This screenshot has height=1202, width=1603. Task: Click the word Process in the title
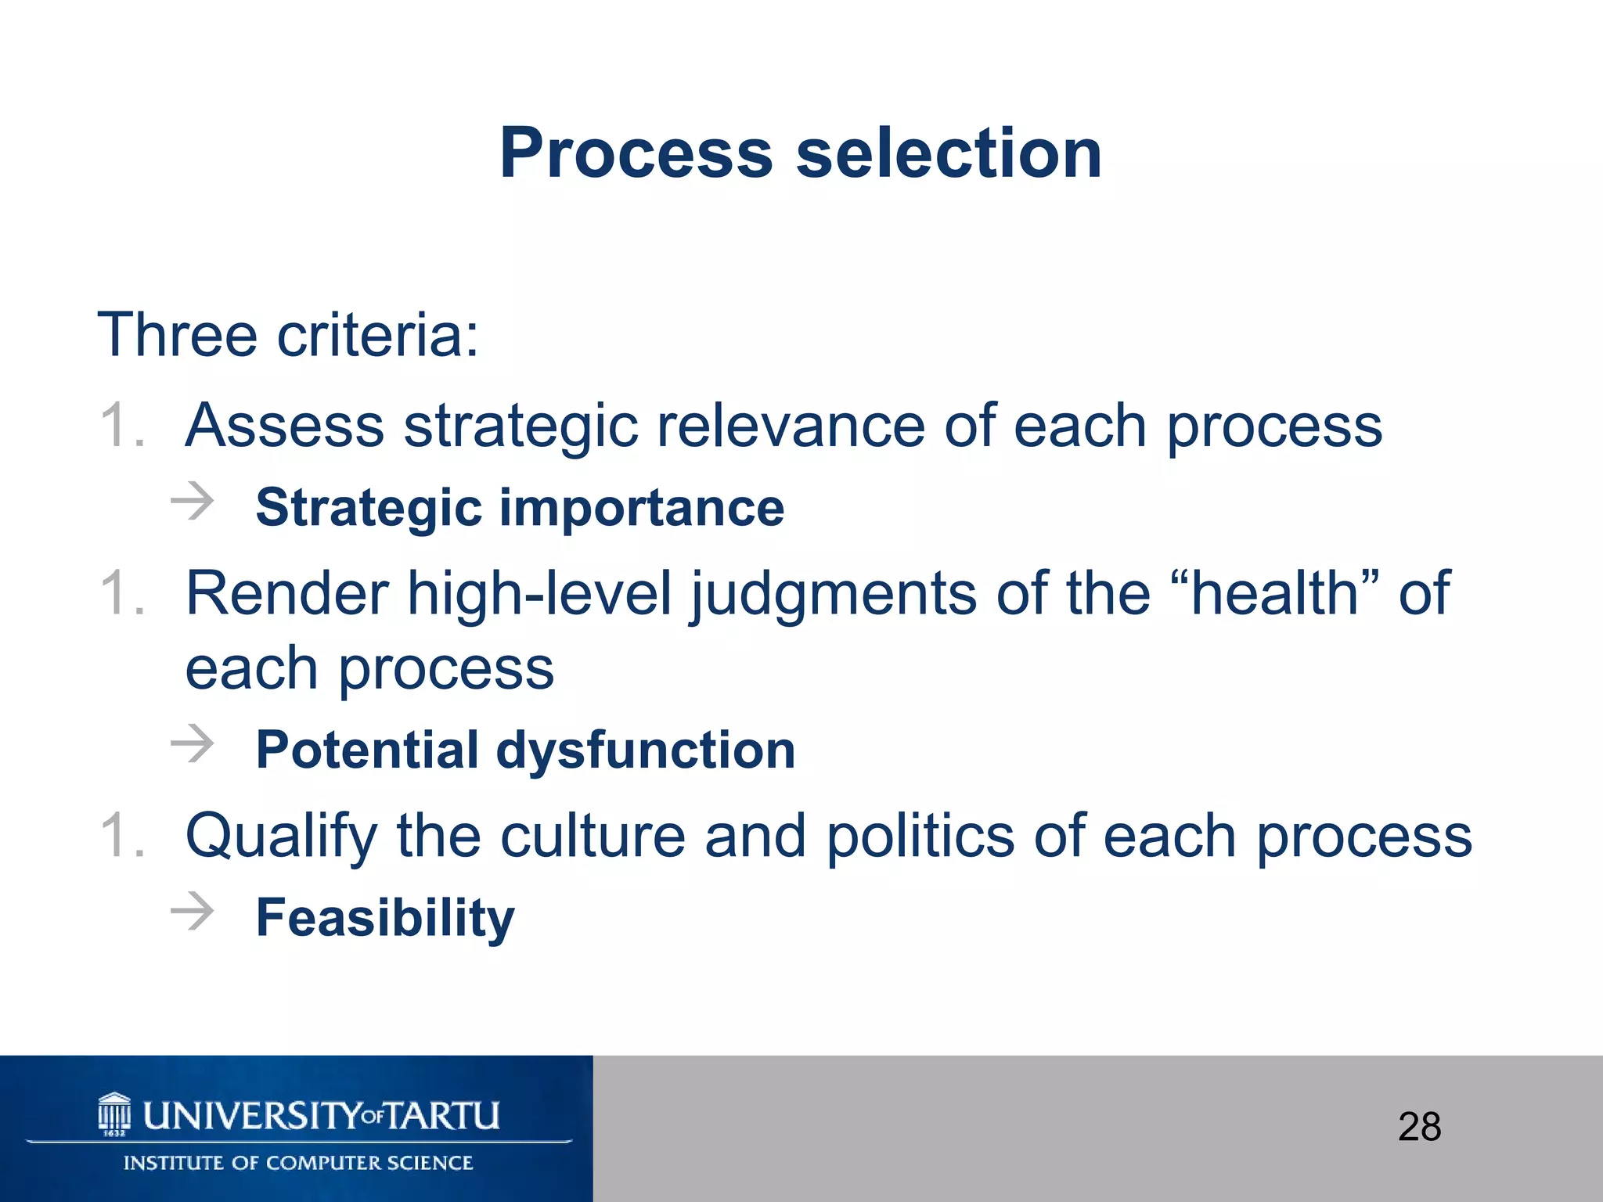pyautogui.click(x=636, y=153)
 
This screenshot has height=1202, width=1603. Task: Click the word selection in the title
pyautogui.click(x=949, y=153)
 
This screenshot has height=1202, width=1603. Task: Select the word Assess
pyautogui.click(x=284, y=426)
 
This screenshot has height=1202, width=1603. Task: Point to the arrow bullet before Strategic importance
pyautogui.click(x=193, y=502)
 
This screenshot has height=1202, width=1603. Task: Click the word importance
pyautogui.click(x=641, y=509)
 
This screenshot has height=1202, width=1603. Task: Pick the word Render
pyautogui.click(x=286, y=593)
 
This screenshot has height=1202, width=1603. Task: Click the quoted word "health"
pyautogui.click(x=1284, y=593)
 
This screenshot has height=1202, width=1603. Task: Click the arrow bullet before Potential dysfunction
pyautogui.click(x=193, y=743)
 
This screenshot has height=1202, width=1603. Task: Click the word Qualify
pyautogui.click(x=281, y=837)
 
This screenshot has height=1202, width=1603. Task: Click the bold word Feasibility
pyautogui.click(x=385, y=919)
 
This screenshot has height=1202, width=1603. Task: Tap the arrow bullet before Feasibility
pyautogui.click(x=193, y=911)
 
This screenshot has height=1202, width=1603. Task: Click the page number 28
pyautogui.click(x=1419, y=1128)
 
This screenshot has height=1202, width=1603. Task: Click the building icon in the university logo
pyautogui.click(x=114, y=1114)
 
